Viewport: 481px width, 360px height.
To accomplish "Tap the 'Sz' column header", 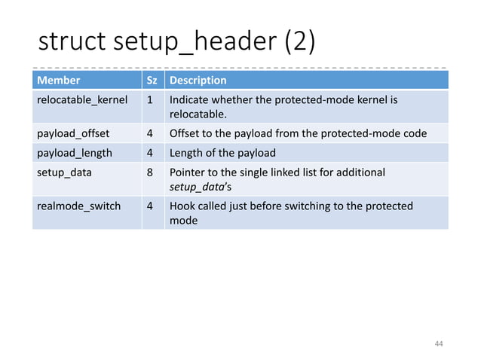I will pyautogui.click(x=152, y=80).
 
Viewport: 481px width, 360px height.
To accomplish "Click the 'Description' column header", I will pyautogui.click(x=198, y=80).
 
